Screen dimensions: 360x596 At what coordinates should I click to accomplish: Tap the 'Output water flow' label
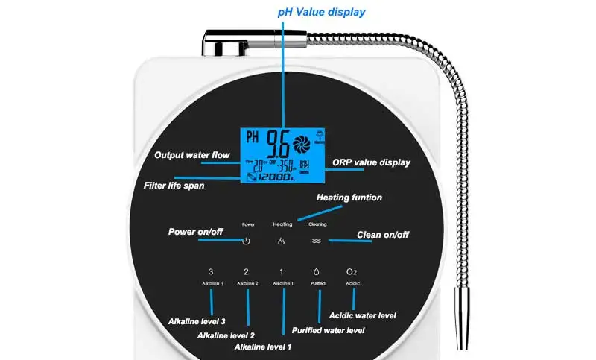[x=191, y=156]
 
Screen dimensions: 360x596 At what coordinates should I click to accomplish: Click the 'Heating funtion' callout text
[x=349, y=198]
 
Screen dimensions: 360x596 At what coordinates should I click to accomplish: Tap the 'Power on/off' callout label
[x=196, y=231]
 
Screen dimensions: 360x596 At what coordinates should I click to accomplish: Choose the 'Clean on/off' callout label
[x=383, y=236]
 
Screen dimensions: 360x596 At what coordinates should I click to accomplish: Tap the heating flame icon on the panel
[x=281, y=241]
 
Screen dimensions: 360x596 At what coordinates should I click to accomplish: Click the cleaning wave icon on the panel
[x=317, y=241]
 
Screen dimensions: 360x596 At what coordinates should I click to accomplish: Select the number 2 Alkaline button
[x=247, y=273]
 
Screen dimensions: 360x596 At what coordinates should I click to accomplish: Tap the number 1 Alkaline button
[x=282, y=273]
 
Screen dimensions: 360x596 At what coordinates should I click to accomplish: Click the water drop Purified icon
[x=318, y=273]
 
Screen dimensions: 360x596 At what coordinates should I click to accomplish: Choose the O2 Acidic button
[x=352, y=273]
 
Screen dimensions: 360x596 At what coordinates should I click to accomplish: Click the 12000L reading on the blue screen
[x=288, y=179]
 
